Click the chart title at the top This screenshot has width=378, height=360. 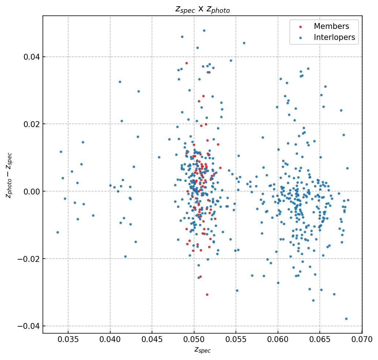tap(202, 10)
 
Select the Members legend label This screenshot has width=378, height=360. tap(331, 26)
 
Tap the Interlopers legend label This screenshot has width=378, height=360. tap(334, 37)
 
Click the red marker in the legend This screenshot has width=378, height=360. tap(301, 27)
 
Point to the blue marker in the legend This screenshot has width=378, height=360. tap(301, 38)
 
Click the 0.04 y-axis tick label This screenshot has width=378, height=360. tap(32, 57)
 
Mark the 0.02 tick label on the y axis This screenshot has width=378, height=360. tap(32, 124)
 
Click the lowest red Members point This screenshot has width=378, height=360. tap(207, 294)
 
